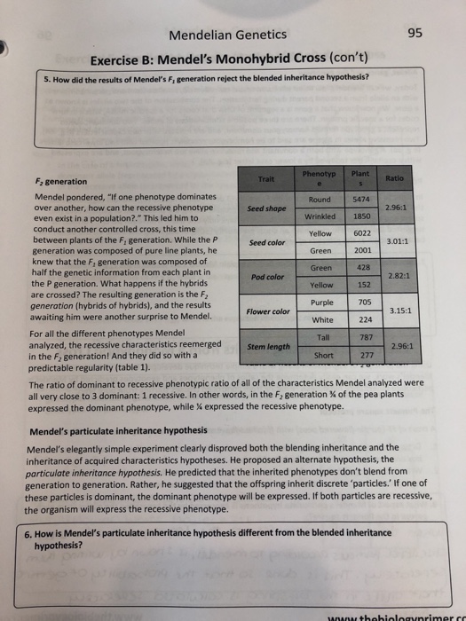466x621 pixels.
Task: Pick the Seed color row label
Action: (x=267, y=242)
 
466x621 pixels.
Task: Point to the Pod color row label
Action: (x=267, y=277)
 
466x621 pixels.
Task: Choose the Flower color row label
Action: (x=268, y=311)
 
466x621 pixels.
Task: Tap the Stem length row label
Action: (x=267, y=347)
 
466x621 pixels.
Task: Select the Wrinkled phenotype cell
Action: (x=319, y=217)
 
